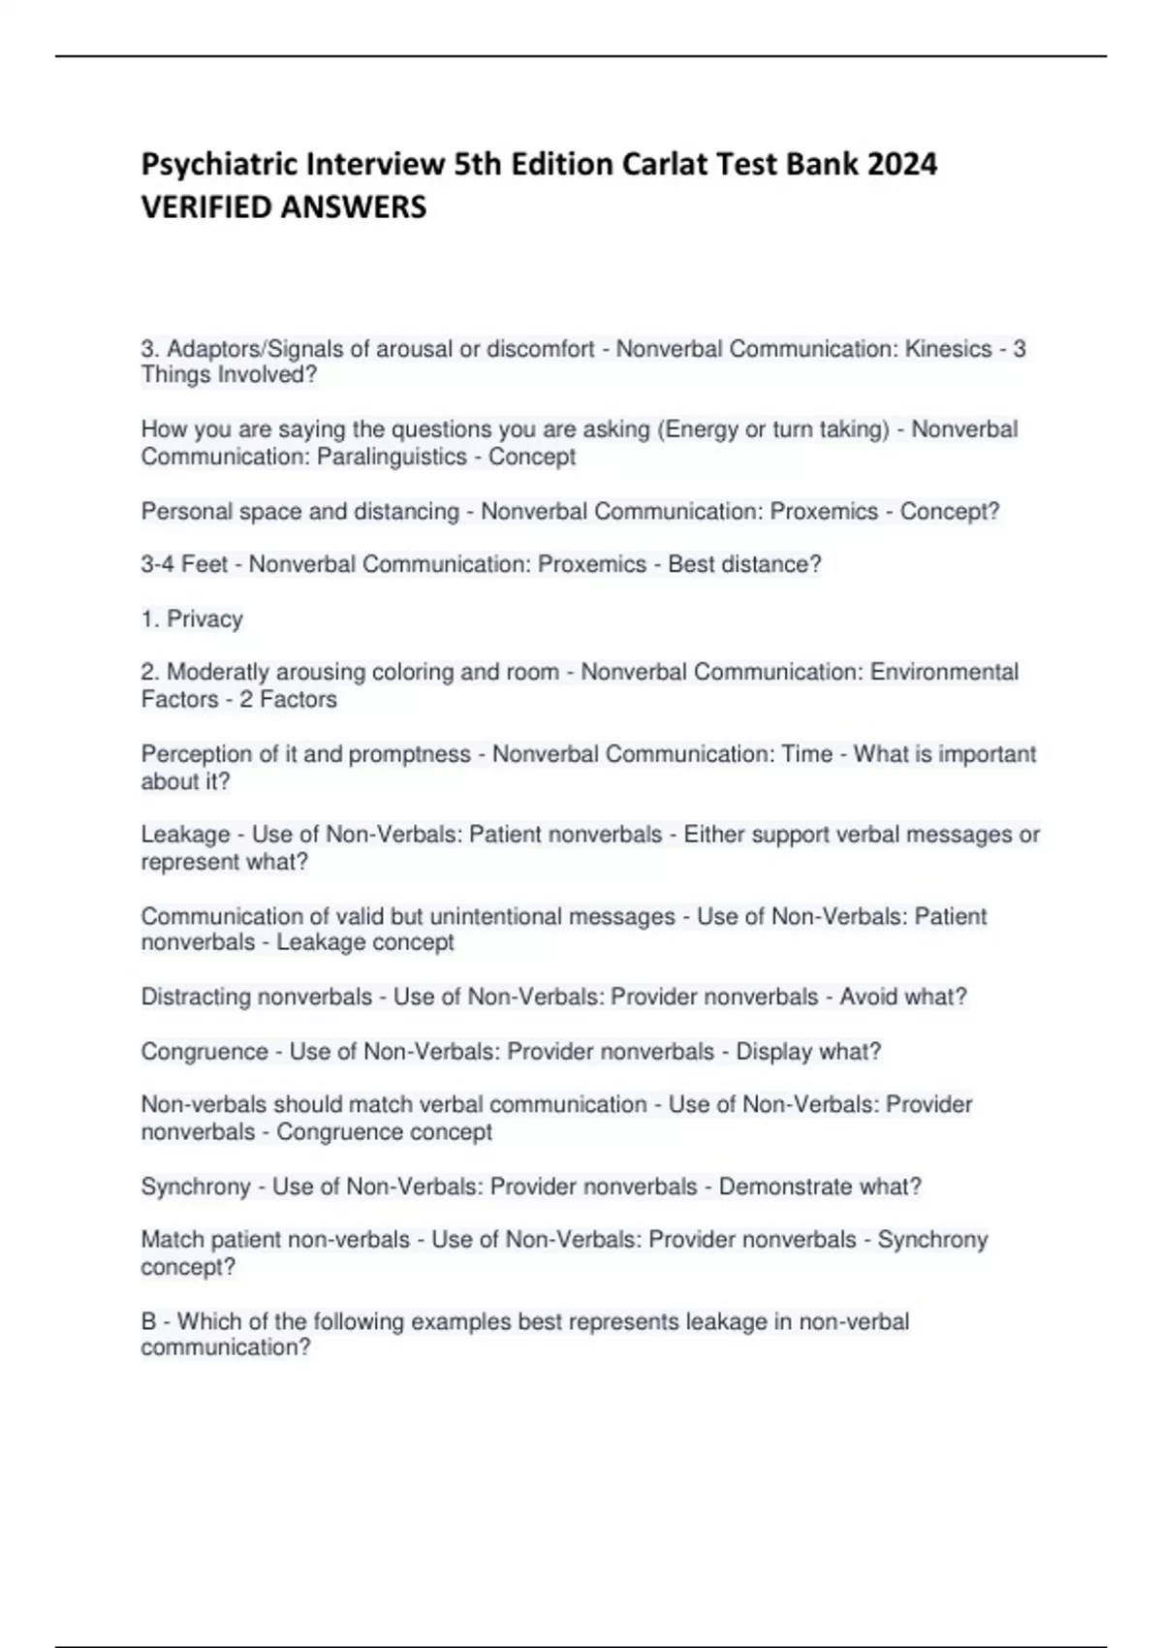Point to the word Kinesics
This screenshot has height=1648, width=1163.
tap(948, 349)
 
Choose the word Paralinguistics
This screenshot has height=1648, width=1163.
tap(398, 457)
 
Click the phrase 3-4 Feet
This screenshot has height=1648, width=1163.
tap(184, 564)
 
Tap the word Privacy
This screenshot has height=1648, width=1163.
tap(204, 618)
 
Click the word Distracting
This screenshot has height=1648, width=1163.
tap(198, 997)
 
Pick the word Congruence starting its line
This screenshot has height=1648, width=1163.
tap(204, 1051)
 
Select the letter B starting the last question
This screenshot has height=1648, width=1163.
tap(149, 1321)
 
